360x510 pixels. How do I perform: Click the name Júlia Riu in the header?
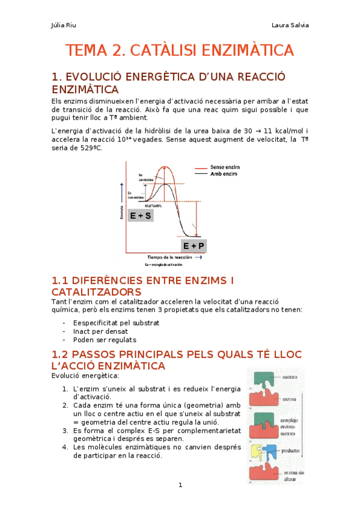[x=64, y=25]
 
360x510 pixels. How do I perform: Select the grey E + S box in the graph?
[x=140, y=214]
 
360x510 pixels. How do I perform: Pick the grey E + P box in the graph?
[x=194, y=246]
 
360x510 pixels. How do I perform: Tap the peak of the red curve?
[x=165, y=167]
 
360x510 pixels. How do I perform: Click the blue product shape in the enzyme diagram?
[x=270, y=451]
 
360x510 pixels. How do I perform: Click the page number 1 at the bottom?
[x=180, y=485]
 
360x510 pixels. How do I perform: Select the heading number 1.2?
[x=63, y=354]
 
